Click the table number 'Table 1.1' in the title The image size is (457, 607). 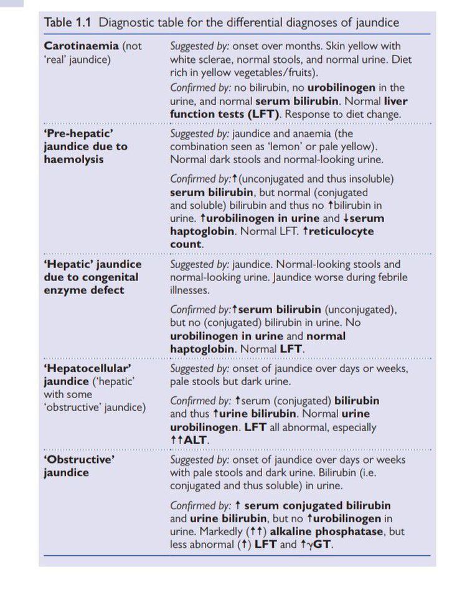tap(68, 24)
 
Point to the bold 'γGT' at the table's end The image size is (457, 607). tap(319, 544)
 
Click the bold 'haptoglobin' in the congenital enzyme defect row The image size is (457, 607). tap(202, 348)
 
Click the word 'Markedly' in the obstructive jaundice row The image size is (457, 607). tap(219, 532)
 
